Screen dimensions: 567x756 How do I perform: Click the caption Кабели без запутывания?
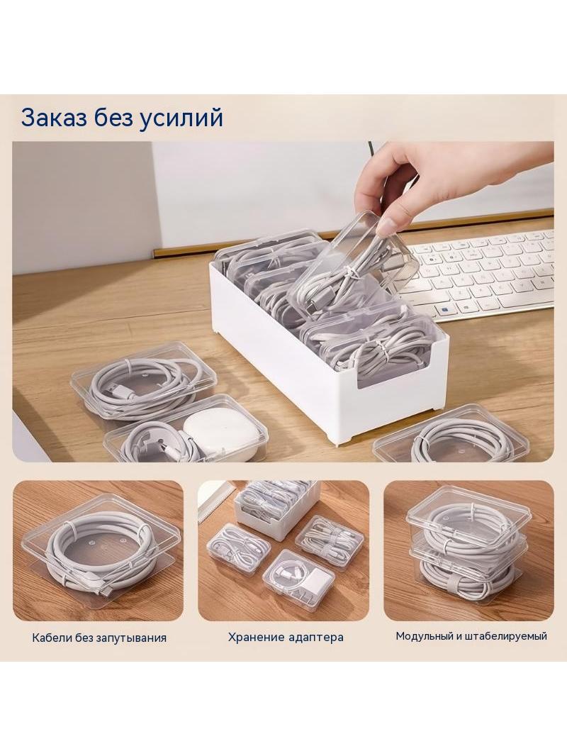point(99,638)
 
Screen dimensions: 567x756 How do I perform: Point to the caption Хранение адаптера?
point(286,638)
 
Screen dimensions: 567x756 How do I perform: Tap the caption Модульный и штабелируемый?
point(471,636)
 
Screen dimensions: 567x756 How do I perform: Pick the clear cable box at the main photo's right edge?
point(463,436)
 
